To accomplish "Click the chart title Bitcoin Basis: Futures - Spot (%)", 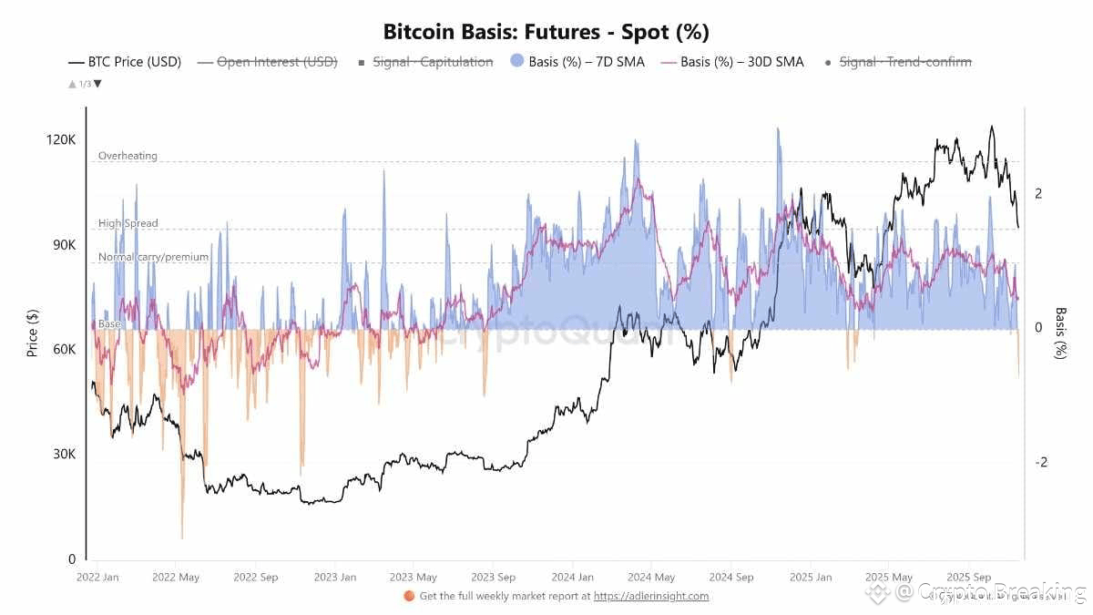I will click(x=546, y=32).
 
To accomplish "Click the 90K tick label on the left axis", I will click(x=65, y=245).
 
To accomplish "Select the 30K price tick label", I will click(x=65, y=455).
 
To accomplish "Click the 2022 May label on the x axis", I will click(x=177, y=577).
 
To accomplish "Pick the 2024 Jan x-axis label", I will click(x=572, y=577).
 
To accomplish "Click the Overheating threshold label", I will click(x=128, y=156).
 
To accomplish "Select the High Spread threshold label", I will click(x=128, y=223).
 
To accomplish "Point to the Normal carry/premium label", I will click(x=153, y=257).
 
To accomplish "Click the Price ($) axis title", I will click(x=33, y=333).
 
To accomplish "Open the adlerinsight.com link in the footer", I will click(x=651, y=596).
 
